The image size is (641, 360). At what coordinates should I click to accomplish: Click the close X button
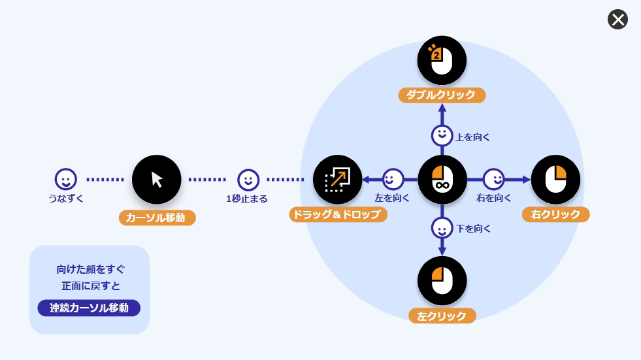617,20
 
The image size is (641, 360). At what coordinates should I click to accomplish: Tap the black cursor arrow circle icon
157,180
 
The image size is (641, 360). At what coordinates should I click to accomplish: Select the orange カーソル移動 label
157,218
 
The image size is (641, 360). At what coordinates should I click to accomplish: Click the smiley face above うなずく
65,179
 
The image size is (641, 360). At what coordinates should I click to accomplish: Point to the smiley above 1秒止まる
248,179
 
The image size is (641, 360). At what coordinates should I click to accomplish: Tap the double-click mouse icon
442,60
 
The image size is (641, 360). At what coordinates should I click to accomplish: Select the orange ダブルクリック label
442,95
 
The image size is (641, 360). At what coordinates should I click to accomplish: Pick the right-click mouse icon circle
555,180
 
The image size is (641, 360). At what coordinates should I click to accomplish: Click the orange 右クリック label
556,214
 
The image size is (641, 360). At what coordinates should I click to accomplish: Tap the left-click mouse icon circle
442,281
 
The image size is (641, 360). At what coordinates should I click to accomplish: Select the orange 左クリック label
442,316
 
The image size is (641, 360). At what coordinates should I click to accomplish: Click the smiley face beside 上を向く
442,136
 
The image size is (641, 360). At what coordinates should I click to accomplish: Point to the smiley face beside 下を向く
442,229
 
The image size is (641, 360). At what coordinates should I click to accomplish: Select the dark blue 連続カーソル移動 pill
89,308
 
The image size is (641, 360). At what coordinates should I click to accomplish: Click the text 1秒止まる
246,199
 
